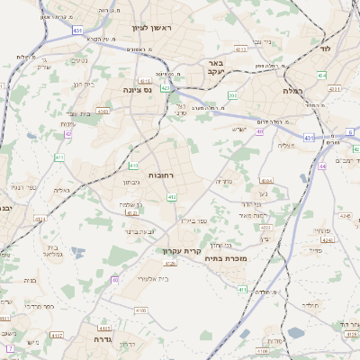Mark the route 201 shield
tap(233, 95)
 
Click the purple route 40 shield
tap(260, 132)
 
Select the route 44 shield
tap(323, 166)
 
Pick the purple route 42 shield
tap(67, 134)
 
